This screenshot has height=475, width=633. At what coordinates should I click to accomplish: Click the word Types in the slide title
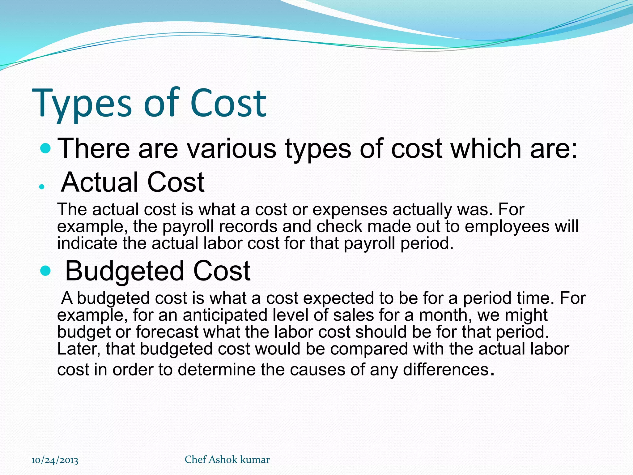pos(82,104)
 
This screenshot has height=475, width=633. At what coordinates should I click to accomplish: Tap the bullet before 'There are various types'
pos(45,149)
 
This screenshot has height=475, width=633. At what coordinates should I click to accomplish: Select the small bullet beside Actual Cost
pos(42,187)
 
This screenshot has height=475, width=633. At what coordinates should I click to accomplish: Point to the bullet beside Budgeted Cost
pos(45,271)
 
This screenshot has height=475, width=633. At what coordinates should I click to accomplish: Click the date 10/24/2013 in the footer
pos(55,460)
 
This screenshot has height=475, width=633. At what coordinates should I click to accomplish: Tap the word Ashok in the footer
pos(223,460)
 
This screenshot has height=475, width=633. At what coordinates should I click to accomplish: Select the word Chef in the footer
pos(195,460)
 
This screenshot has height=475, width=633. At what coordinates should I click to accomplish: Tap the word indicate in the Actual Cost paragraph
pos(87,243)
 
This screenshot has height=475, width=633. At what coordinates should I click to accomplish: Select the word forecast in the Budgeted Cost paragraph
pos(167,332)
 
